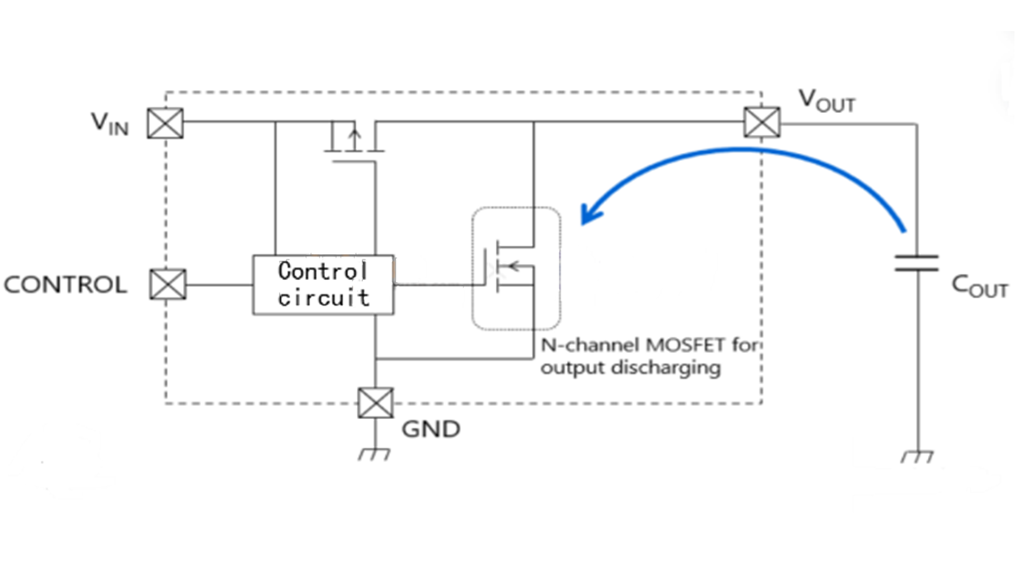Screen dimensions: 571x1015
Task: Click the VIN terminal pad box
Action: pos(165,123)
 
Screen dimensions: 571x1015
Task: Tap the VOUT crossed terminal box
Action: pos(762,122)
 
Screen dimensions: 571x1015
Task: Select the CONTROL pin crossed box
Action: pos(168,284)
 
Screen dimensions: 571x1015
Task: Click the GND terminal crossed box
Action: pos(375,403)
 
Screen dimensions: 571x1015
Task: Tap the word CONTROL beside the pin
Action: pos(66,285)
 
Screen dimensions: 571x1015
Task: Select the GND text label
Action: pos(431,429)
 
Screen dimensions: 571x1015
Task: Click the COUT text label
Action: pos(979,287)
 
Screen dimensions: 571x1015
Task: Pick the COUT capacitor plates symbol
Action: pos(917,263)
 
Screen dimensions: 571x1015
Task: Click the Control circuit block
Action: pos(323,285)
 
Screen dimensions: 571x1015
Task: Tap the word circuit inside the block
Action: pos(324,298)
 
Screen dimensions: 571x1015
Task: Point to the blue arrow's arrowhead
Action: pos(591,214)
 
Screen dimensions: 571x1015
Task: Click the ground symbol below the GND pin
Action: pos(374,454)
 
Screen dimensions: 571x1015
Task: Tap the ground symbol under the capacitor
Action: pos(917,456)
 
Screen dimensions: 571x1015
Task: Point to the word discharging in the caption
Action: pos(666,367)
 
